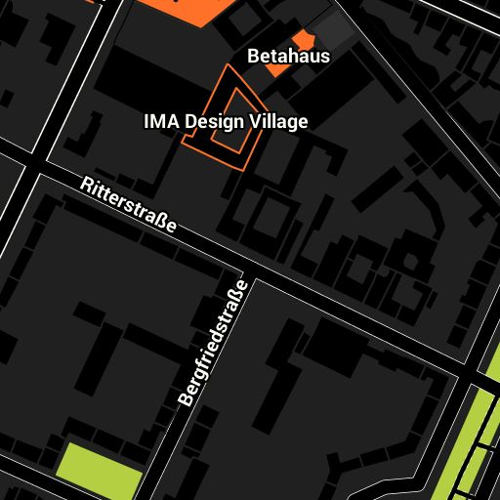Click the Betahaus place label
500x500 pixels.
point(288,57)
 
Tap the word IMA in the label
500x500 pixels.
point(160,122)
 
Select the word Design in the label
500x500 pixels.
point(213,122)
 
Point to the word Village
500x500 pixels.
point(277,122)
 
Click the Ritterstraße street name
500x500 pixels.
point(129,206)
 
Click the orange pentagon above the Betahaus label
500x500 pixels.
point(305,38)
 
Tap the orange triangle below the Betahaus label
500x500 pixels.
point(277,70)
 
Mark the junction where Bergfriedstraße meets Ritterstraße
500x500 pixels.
point(246,268)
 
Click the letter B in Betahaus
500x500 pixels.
point(253,57)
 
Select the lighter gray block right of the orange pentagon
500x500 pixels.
point(337,29)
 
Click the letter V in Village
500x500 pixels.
point(253,122)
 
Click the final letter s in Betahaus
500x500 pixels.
point(325,57)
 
